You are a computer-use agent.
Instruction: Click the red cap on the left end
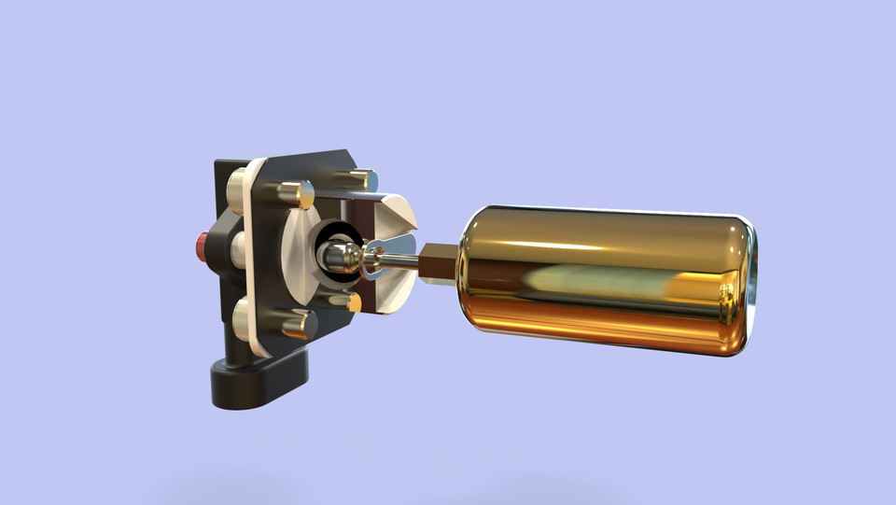pos(202,245)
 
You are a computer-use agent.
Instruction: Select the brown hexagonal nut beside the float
pos(437,262)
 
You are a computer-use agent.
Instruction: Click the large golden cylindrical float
pos(607,280)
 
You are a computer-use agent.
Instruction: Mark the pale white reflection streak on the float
pos(597,278)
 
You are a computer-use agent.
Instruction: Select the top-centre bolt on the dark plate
pos(296,194)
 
